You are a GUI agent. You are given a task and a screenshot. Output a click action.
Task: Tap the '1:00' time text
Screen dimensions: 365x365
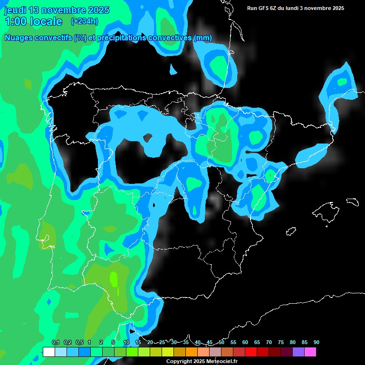tap(16, 21)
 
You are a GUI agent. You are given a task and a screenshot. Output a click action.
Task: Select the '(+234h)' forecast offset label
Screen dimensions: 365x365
tap(84, 21)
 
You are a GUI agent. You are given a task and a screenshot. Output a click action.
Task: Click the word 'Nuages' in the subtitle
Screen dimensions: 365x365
tap(19, 38)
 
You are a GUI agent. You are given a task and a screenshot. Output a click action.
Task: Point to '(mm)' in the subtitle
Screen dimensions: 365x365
tap(203, 38)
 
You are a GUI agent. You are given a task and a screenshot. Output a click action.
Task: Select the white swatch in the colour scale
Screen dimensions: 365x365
tap(48, 352)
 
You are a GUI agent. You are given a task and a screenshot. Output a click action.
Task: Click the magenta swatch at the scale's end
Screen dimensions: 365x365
tap(310, 352)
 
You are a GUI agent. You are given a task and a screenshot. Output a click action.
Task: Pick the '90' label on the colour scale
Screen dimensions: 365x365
tap(316, 343)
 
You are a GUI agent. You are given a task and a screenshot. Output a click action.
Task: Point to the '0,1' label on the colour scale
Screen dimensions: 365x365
tap(55, 343)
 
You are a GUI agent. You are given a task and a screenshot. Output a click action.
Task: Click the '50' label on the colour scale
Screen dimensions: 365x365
tap(221, 343)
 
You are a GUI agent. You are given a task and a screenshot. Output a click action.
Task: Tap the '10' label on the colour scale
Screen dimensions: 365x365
tap(126, 343)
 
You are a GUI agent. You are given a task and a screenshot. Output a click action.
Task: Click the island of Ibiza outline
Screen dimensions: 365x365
tap(291, 231)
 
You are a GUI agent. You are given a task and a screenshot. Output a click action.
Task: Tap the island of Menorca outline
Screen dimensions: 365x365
tap(352, 201)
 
